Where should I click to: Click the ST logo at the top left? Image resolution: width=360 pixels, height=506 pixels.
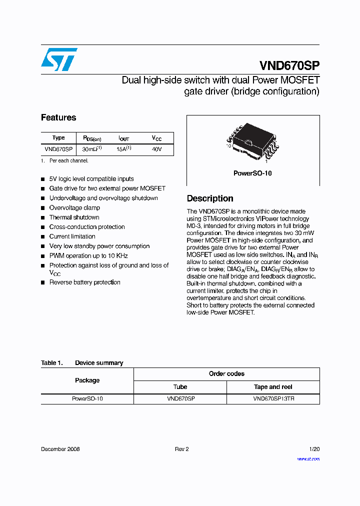(x=59, y=59)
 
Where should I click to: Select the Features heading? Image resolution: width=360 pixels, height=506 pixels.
(x=58, y=117)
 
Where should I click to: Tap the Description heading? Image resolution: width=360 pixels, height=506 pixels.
(x=210, y=198)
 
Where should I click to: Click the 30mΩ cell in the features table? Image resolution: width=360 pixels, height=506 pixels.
(x=92, y=149)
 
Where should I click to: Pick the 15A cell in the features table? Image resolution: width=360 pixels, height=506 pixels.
(x=123, y=149)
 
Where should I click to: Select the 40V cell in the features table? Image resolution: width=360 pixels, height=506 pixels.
(x=156, y=149)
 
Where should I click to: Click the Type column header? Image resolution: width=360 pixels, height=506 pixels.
(x=58, y=137)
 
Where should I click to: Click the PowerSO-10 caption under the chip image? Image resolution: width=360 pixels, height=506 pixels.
(x=252, y=173)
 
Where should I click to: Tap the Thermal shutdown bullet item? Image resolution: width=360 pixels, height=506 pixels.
(x=74, y=217)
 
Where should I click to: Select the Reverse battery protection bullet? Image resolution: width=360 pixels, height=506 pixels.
(x=84, y=282)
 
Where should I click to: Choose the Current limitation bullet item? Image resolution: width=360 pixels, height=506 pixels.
(x=72, y=236)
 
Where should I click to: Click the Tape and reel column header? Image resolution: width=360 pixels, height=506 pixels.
(x=273, y=387)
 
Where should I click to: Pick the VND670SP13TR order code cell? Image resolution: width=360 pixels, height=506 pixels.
(x=273, y=399)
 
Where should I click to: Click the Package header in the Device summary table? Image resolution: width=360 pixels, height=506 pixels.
(x=87, y=380)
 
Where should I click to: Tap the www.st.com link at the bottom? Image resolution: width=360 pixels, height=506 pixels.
(x=308, y=459)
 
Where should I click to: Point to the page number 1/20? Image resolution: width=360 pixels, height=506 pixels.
(x=314, y=449)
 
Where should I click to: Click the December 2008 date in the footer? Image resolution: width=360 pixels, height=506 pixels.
(x=60, y=449)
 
